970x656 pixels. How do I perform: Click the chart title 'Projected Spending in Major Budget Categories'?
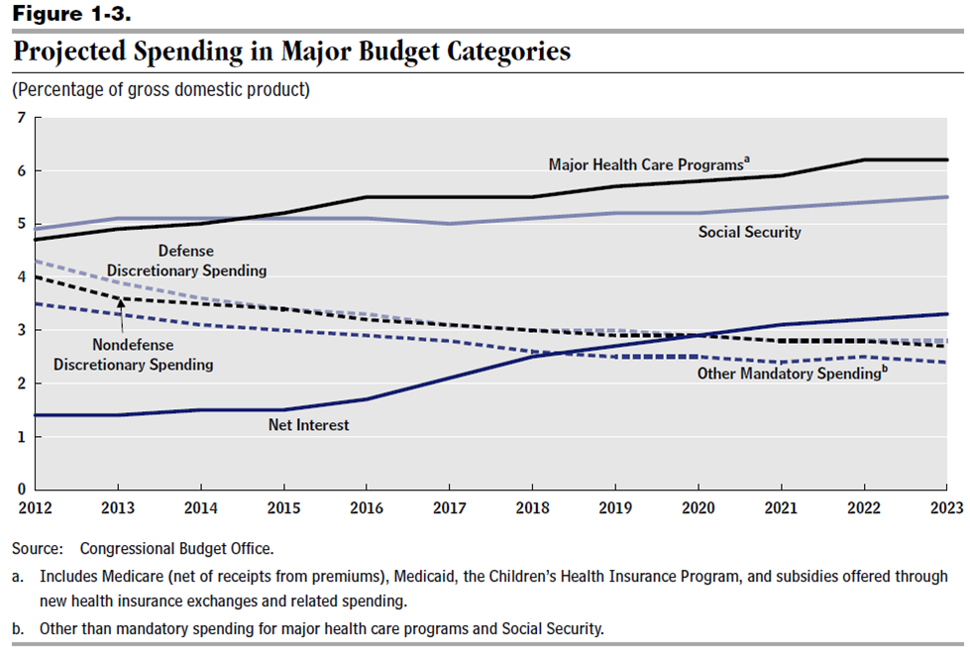(x=291, y=52)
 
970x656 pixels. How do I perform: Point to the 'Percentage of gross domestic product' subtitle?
(x=161, y=90)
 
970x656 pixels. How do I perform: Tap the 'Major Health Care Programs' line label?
(x=646, y=164)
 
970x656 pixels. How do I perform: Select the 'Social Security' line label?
(x=750, y=232)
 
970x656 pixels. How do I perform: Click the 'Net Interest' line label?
(x=308, y=425)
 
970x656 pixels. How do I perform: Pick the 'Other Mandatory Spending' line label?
(x=789, y=374)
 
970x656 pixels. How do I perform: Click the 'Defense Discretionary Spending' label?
(x=187, y=261)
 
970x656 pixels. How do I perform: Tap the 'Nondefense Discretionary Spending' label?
(x=133, y=355)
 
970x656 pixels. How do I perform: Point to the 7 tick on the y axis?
(x=20, y=118)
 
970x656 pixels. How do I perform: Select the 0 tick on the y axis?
(x=20, y=490)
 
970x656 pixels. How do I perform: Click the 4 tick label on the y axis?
(x=20, y=277)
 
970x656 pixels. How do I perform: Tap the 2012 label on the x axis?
(x=36, y=509)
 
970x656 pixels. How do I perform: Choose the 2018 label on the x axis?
(x=532, y=509)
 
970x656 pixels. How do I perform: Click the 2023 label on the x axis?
(x=946, y=509)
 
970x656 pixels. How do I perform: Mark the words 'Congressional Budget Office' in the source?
(x=175, y=548)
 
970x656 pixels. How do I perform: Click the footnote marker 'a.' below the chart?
(x=19, y=576)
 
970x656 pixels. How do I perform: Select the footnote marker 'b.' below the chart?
(x=19, y=628)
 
